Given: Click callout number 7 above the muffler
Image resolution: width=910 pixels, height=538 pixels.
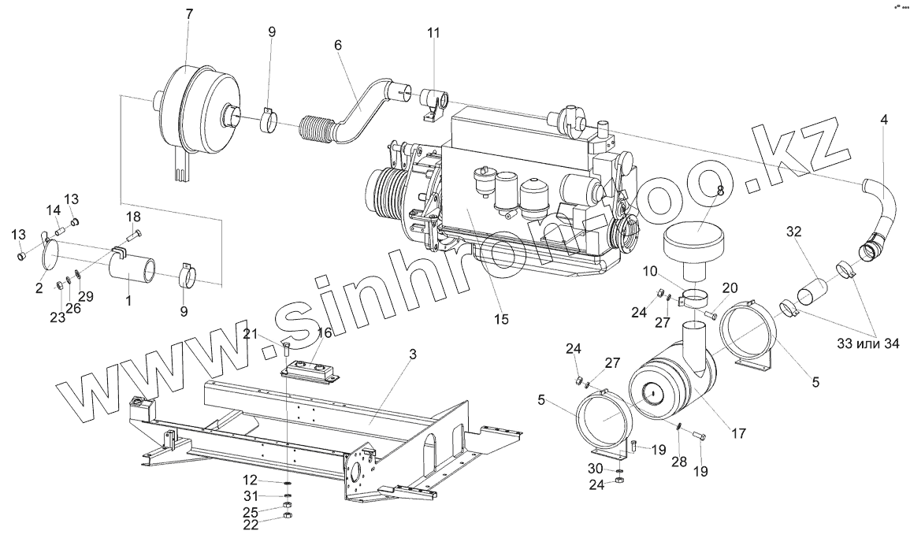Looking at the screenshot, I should (x=188, y=14).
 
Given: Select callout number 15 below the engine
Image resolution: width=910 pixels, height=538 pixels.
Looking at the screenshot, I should (x=502, y=319).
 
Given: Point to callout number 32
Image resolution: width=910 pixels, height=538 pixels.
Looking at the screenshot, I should (x=794, y=232).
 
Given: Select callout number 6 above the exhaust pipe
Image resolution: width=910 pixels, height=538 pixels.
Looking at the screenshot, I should (x=338, y=46).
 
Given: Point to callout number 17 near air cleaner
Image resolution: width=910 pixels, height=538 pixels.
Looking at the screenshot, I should (x=737, y=432).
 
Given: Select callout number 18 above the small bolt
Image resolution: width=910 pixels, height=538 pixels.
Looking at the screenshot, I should (x=133, y=217).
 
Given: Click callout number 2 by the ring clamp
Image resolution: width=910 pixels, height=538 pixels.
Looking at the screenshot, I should (x=39, y=288).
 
